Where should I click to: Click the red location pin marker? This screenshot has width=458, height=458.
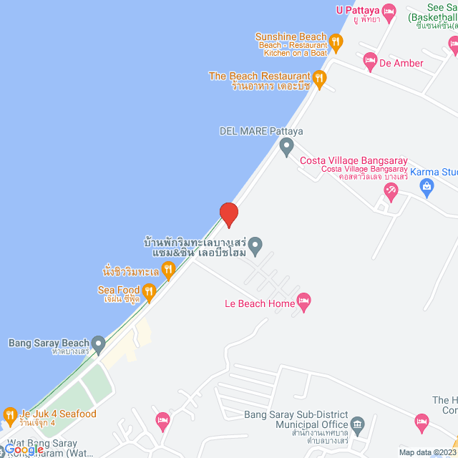[228, 214]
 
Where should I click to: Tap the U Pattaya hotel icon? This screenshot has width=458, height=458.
[389, 11]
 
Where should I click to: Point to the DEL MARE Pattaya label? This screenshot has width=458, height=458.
[261, 131]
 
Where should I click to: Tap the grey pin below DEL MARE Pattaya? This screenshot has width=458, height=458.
[286, 148]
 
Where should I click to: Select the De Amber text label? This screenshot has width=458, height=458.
[401, 63]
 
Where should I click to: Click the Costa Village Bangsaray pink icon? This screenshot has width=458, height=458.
[391, 190]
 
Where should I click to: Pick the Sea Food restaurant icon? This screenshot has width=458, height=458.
[149, 291]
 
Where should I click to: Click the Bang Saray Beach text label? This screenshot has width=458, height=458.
[49, 343]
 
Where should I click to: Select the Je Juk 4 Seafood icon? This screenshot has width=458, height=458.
[10, 414]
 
